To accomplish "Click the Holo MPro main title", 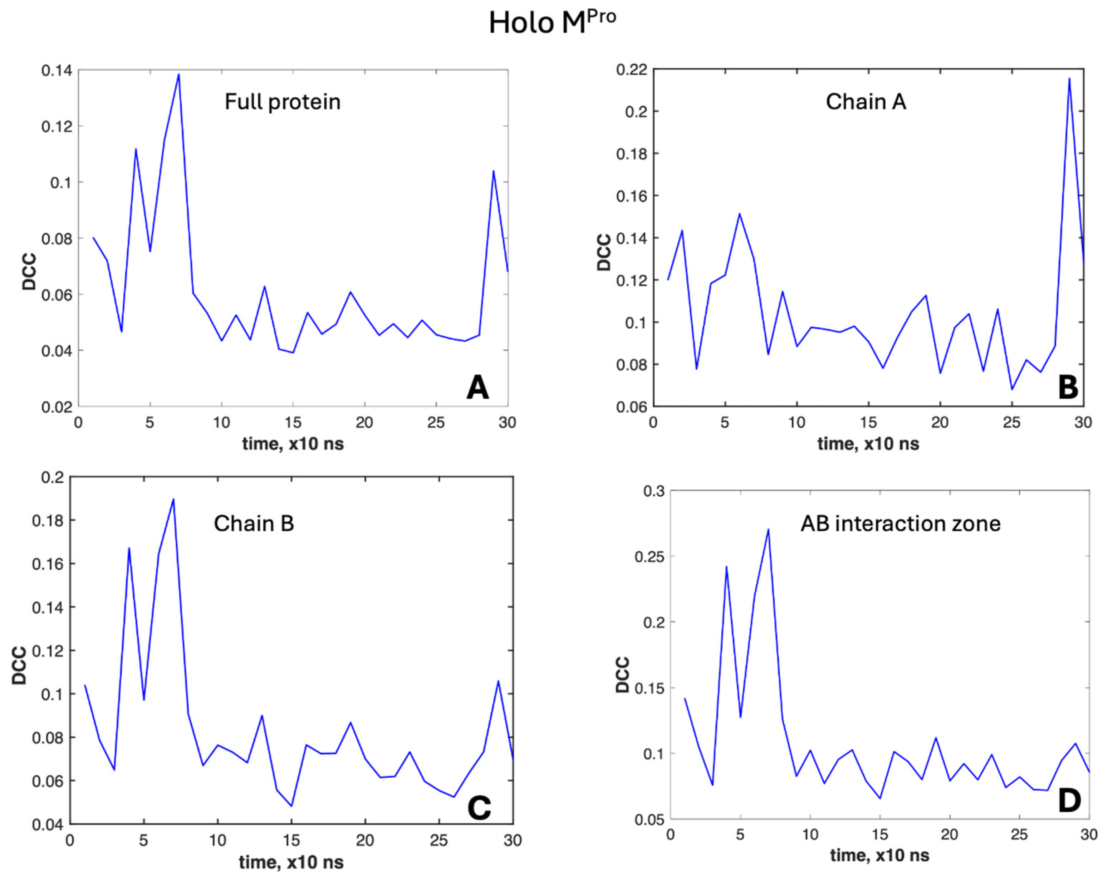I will [x=551, y=23].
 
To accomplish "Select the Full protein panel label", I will [x=283, y=102].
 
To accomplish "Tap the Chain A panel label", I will [x=866, y=102].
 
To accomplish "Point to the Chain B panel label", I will [x=254, y=524].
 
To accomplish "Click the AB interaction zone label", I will [x=901, y=524].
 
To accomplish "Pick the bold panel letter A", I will [x=477, y=388].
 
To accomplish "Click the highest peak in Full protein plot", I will [x=178, y=75].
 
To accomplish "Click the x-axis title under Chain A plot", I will [x=868, y=443].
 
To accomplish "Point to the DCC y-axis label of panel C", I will [x=19, y=665].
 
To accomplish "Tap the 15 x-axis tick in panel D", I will [x=879, y=835].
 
